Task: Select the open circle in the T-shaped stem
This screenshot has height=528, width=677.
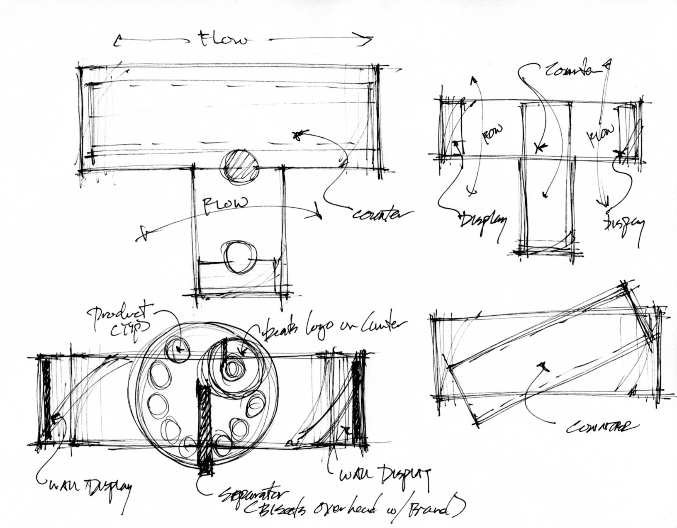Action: click(239, 258)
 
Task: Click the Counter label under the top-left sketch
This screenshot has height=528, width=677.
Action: click(383, 214)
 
